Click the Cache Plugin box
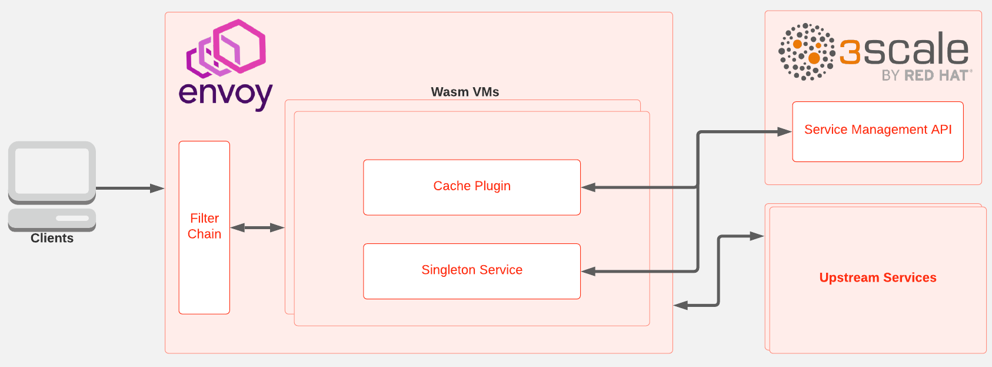(472, 187)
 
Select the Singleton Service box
(472, 270)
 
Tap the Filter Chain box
(204, 227)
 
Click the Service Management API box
(877, 131)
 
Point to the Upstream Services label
(877, 277)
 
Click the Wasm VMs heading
(465, 92)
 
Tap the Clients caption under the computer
(52, 238)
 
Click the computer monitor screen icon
(52, 171)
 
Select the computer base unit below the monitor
(52, 219)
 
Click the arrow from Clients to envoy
(129, 189)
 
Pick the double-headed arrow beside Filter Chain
(257, 227)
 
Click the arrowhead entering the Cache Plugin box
(588, 187)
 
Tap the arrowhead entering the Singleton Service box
(588, 272)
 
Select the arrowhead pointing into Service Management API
(784, 132)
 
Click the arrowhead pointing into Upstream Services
(757, 236)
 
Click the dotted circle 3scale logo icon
(807, 52)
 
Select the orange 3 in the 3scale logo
(850, 52)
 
